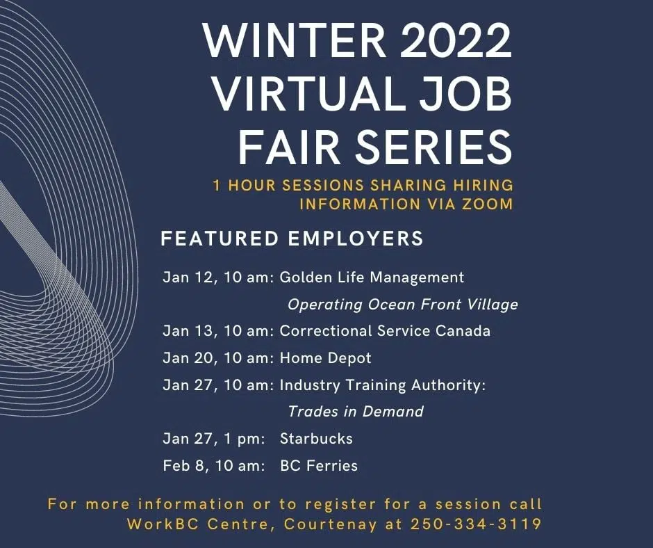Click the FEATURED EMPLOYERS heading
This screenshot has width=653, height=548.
(292, 239)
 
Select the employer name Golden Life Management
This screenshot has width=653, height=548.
(372, 277)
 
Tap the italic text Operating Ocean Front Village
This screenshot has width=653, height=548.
(403, 305)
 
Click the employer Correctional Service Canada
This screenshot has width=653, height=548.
(385, 331)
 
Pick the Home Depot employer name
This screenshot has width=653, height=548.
(325, 358)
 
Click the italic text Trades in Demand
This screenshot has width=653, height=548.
(356, 411)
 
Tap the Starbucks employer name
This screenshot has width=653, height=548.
(316, 439)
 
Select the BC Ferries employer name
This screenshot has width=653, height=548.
(319, 465)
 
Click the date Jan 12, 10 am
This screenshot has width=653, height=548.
(220, 277)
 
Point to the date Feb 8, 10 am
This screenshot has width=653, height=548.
(213, 465)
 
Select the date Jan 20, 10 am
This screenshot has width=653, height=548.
(220, 358)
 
